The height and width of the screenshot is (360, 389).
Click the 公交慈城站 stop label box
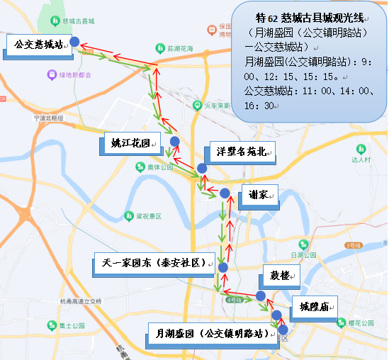(38, 45)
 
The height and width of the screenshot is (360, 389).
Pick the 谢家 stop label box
(258, 195)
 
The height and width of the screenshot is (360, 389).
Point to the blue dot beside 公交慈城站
(74, 43)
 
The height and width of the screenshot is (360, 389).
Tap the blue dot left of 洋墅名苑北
(202, 168)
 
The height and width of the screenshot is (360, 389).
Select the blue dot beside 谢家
(224, 193)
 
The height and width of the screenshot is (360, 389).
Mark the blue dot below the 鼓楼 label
(261, 296)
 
